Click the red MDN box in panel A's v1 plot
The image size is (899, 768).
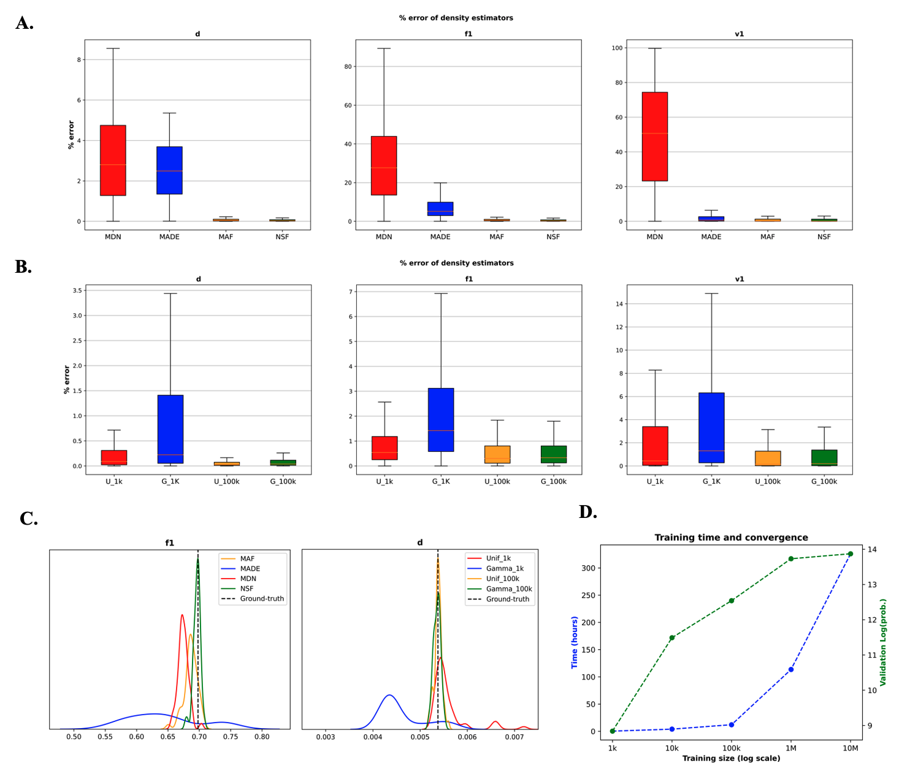[655, 137]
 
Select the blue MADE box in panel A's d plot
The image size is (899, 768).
[169, 170]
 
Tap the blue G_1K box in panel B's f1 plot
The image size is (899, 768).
[441, 420]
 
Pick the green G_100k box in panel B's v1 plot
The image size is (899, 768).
[824, 458]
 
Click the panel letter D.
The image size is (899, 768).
[587, 512]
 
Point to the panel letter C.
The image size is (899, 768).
[29, 519]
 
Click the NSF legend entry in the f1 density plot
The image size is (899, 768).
[247, 588]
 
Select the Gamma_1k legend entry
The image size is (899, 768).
[504, 569]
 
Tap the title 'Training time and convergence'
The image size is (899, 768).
[731, 538]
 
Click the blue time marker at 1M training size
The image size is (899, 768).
[791, 669]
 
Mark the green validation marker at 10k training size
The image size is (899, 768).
[672, 637]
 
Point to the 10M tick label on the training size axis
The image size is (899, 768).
[850, 748]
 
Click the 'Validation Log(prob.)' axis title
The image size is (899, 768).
[883, 642]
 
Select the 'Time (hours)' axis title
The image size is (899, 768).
[575, 642]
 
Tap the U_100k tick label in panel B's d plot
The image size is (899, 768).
[227, 482]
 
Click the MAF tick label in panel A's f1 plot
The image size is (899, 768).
[497, 237]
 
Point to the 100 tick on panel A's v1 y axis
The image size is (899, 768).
[617, 48]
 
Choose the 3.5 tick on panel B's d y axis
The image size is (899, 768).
[77, 291]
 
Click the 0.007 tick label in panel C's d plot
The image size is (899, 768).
[514, 737]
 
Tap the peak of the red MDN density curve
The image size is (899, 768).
[182, 615]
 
